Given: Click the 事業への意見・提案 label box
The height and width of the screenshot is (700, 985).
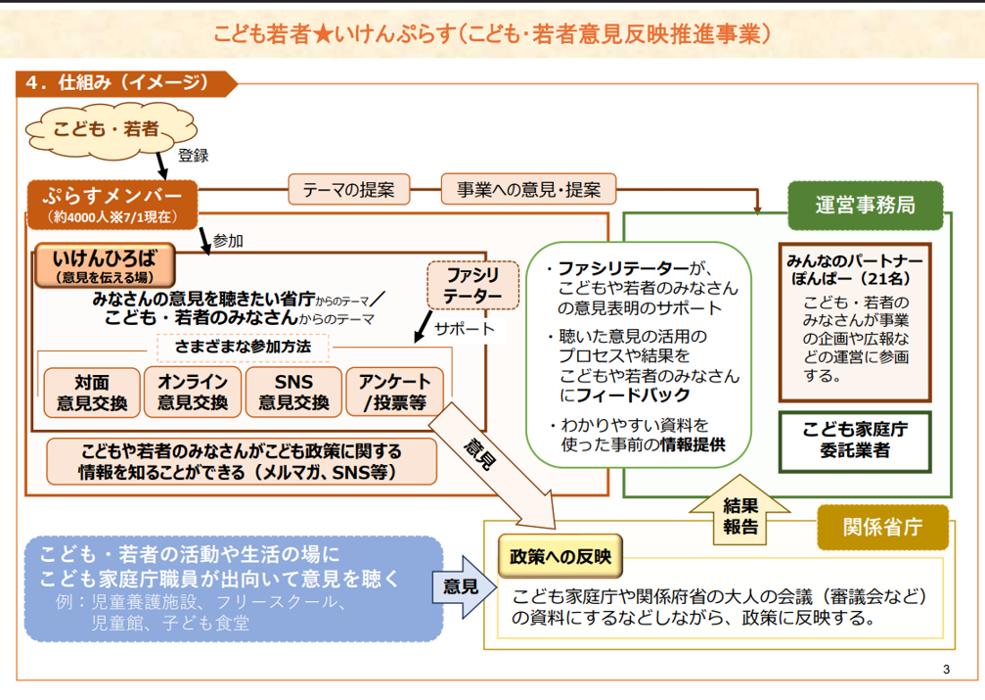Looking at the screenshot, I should tap(529, 188).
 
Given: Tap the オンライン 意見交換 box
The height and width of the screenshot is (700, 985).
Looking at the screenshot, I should tap(193, 392).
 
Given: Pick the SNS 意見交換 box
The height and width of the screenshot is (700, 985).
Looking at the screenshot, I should tap(293, 392).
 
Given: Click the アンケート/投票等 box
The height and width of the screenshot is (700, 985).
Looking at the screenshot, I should tap(393, 392).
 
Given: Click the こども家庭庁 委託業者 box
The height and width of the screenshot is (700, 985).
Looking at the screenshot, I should tap(855, 441).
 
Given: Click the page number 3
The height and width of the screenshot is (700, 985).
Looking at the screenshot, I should tap(946, 670).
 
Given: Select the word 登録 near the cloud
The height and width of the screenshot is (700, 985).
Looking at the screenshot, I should tap(193, 155).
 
